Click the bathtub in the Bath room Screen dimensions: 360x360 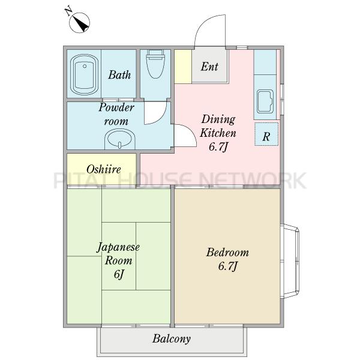84,74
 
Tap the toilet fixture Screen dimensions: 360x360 156,64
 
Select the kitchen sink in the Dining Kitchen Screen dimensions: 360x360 265,101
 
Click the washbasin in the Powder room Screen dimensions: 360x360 120,139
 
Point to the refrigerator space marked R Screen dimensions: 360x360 266,134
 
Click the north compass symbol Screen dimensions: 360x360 79,22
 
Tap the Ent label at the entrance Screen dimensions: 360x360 209,67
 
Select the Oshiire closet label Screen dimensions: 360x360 104,169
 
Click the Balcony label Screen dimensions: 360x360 172,338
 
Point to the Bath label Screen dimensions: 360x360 119,75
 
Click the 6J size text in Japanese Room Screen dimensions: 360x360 119,274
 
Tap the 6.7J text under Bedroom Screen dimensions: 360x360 227,266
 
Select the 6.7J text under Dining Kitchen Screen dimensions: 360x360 218,147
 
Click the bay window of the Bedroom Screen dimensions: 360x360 290,261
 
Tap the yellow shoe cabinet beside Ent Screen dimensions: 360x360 183,67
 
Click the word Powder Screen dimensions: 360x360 116,107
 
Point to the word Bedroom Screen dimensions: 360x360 227,253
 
